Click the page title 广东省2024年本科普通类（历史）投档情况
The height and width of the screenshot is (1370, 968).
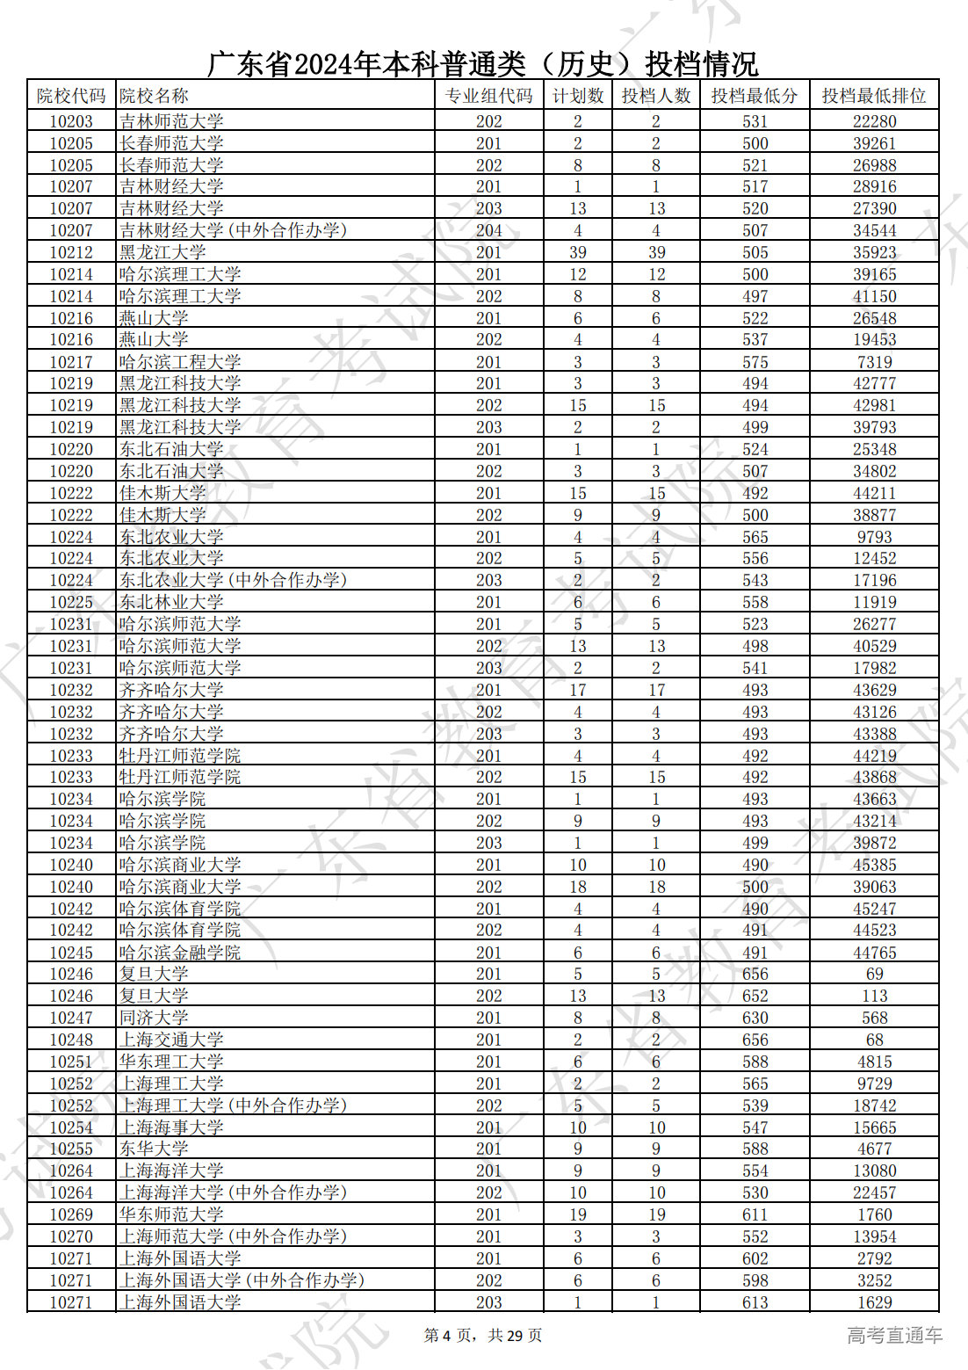coord(482,64)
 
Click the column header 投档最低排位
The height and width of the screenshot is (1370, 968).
coord(874,96)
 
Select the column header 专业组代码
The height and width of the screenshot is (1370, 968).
coord(488,96)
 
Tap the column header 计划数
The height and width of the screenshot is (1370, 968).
coord(577,96)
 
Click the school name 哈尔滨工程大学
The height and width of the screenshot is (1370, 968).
coord(180,362)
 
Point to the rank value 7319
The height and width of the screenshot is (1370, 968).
coord(874,362)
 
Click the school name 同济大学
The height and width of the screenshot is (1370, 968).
coord(154,1018)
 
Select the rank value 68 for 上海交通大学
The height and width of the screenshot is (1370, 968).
coord(874,1040)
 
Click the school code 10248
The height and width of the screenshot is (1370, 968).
coord(71,1040)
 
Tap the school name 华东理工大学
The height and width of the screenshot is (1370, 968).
coord(171,1062)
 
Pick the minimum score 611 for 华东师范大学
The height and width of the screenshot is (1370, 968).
coord(755,1214)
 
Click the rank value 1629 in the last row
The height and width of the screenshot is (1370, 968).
coord(874,1302)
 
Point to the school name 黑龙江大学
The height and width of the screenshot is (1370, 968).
coord(163,252)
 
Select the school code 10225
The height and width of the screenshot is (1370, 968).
coord(71,602)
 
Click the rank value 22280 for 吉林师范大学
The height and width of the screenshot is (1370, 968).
coord(874,121)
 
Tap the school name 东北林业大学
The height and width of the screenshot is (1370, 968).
coord(171,602)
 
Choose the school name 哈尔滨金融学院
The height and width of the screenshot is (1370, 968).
coord(180,953)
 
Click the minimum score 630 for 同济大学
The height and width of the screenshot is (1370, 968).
coord(755,1018)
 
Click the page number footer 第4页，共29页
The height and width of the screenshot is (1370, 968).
coord(483,1336)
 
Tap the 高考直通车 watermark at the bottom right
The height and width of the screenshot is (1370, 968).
coord(894,1336)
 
